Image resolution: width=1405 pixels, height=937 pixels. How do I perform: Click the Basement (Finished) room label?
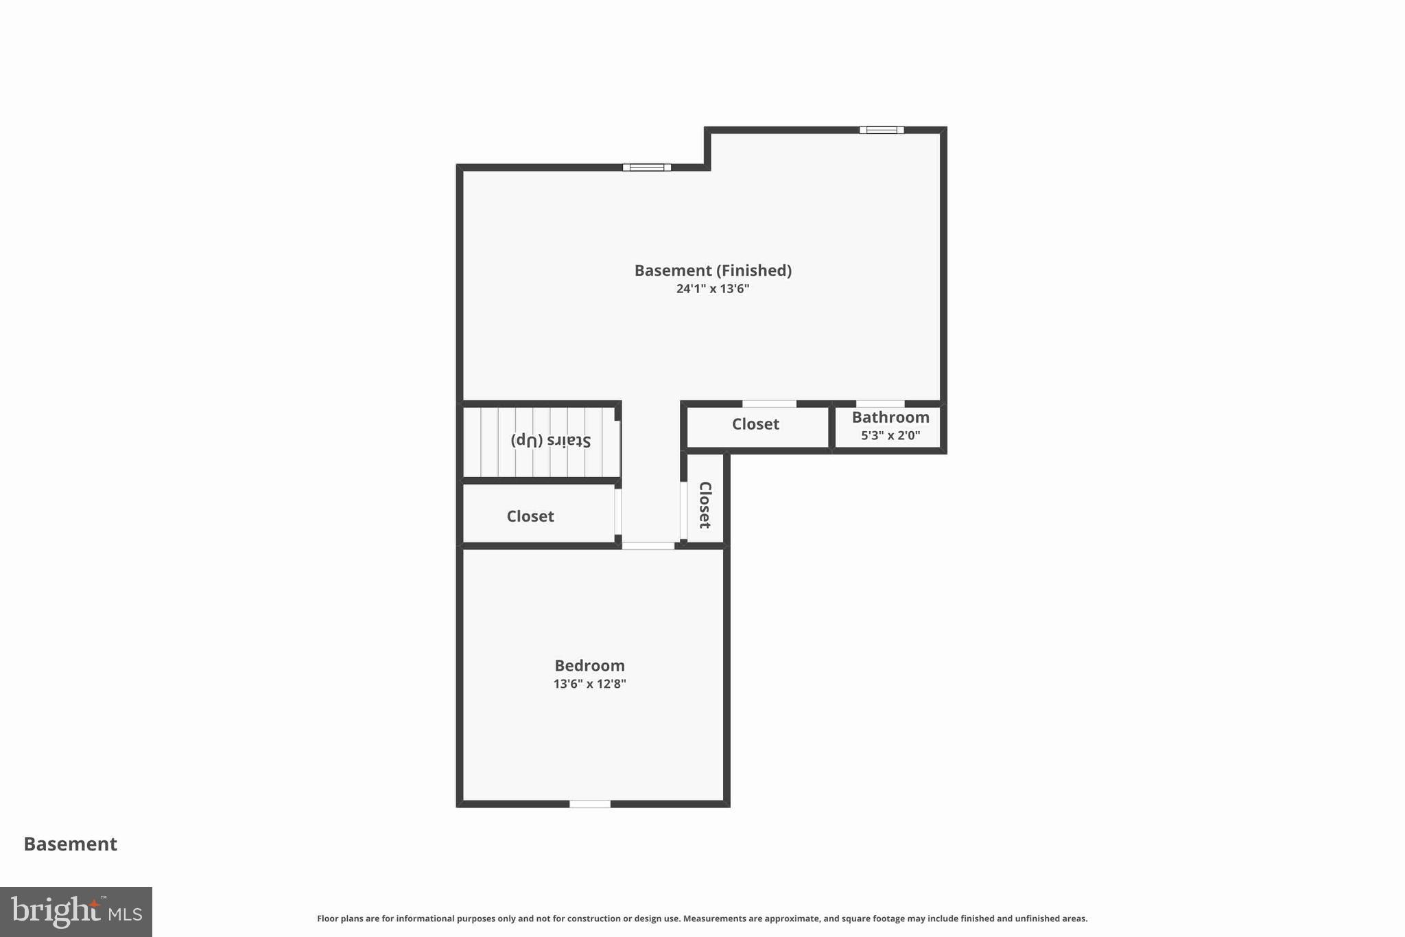click(x=713, y=270)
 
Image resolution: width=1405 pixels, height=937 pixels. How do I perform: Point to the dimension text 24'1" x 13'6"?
click(x=713, y=289)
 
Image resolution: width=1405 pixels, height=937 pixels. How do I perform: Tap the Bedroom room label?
click(x=589, y=665)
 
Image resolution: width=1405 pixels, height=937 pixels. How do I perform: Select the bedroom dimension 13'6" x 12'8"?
click(x=589, y=684)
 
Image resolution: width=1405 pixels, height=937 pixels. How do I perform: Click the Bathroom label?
click(x=890, y=417)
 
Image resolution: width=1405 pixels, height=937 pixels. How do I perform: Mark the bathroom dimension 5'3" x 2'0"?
click(x=890, y=435)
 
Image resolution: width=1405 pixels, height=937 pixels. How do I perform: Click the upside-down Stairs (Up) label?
click(x=550, y=440)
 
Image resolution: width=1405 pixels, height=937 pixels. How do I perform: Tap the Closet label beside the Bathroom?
click(x=755, y=424)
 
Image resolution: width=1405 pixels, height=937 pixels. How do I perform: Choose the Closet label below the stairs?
click(x=530, y=516)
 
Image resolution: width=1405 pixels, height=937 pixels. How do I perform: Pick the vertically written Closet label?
click(x=705, y=505)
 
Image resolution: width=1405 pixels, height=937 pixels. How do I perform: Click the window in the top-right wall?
click(x=882, y=130)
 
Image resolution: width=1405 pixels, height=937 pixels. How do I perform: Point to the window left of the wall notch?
click(x=647, y=167)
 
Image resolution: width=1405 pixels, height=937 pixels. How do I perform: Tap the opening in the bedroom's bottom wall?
click(x=590, y=804)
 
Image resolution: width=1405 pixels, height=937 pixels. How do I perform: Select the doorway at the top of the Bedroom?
click(x=648, y=546)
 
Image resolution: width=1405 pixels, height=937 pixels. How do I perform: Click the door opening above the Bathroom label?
click(x=880, y=404)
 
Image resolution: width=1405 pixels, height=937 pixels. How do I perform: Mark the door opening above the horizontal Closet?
click(x=769, y=404)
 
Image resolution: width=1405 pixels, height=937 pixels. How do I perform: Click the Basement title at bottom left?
click(x=71, y=844)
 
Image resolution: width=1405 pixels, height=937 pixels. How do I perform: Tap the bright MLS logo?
click(x=76, y=912)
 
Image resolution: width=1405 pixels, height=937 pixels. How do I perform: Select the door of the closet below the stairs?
click(x=618, y=511)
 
